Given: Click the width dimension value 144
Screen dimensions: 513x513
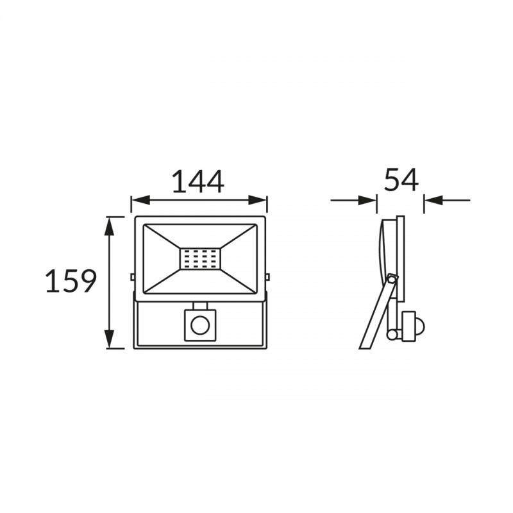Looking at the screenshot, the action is point(198,181).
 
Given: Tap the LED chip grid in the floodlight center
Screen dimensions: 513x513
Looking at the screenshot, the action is point(200,259).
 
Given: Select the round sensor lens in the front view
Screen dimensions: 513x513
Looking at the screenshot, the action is point(199,326).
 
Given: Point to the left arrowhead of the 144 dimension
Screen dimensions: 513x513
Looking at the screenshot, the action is point(140,200).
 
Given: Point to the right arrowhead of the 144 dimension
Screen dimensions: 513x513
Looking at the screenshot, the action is point(258,200).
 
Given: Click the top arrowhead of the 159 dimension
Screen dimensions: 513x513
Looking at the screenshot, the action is point(109,226).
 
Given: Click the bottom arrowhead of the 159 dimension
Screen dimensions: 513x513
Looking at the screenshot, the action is point(109,339).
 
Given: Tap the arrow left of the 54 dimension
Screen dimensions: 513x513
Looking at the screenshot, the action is point(353,200).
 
